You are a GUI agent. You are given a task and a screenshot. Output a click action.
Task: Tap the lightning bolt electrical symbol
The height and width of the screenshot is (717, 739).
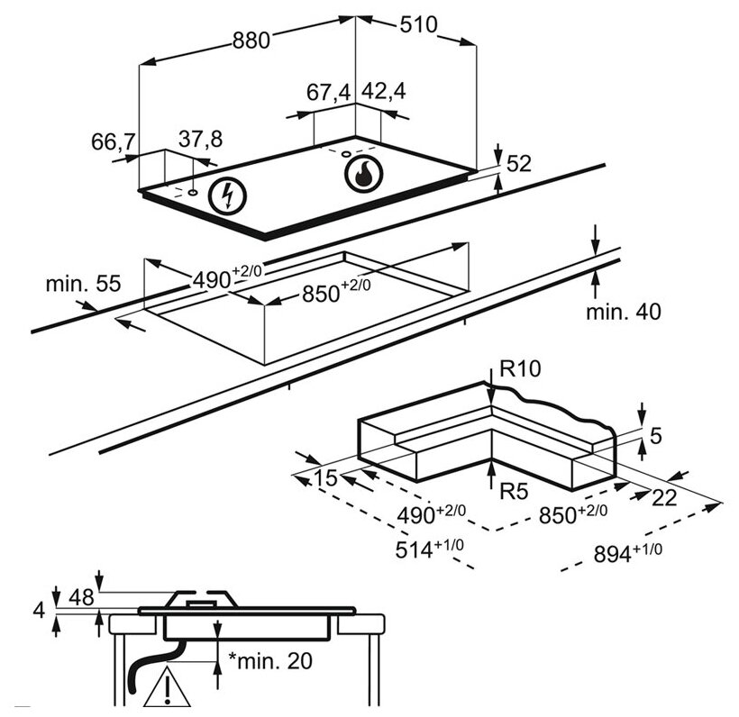point(226,195)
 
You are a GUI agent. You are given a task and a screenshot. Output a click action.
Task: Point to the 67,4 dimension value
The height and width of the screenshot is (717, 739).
point(328,92)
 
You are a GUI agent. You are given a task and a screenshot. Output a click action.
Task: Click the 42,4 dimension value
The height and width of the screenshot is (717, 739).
point(383,92)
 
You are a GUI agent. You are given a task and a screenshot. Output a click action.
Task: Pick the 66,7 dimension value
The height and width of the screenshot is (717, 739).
point(113,141)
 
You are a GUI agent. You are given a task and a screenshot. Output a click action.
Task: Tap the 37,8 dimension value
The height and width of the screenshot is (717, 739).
point(200,139)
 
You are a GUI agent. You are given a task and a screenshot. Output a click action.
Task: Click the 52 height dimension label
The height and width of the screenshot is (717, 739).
point(520,163)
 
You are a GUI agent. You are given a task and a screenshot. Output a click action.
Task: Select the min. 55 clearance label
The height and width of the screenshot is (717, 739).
point(83,285)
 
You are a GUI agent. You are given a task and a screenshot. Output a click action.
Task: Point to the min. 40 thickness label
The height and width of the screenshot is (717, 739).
point(623,312)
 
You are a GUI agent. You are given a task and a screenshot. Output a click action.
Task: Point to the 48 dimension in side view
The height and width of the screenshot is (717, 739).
point(81,598)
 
